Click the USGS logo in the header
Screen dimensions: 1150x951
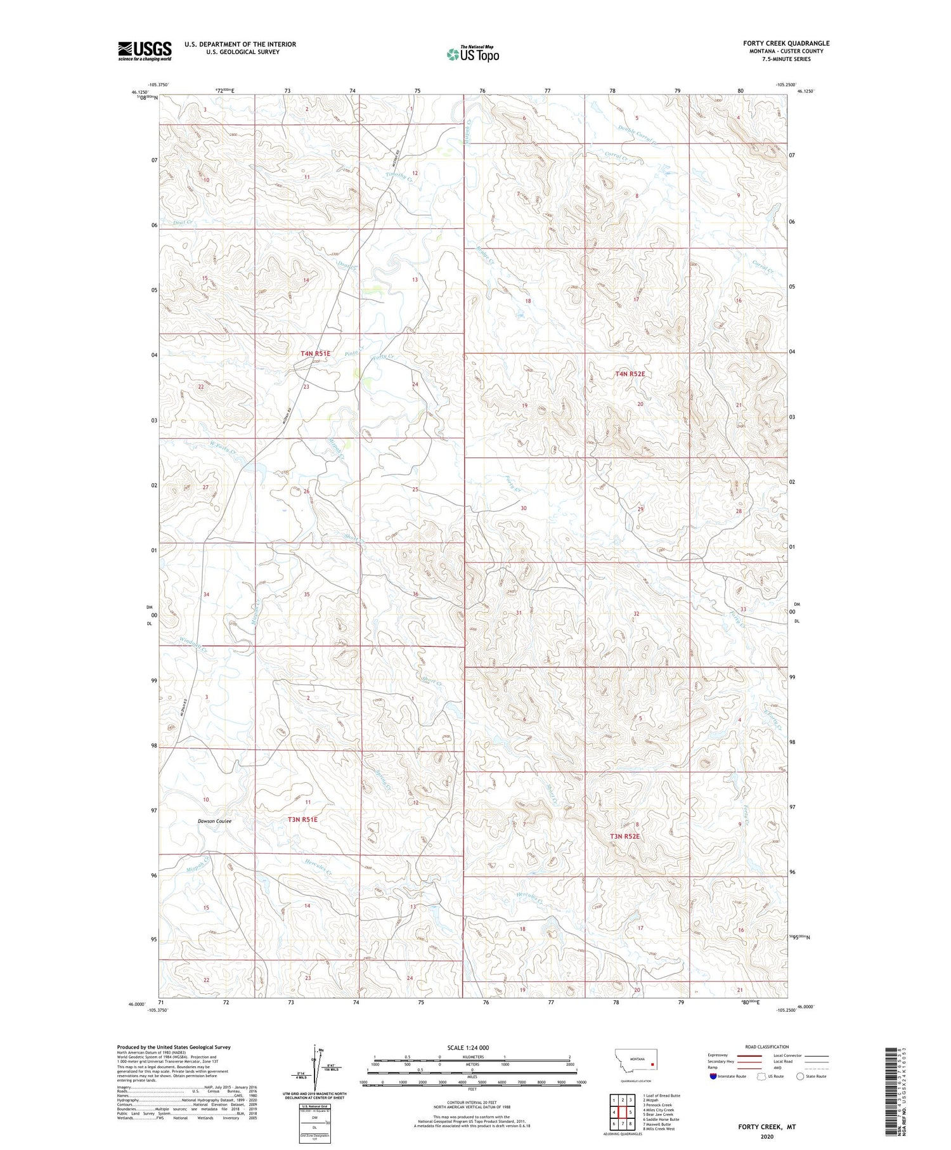(145, 51)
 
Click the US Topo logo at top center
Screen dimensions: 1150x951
(472, 55)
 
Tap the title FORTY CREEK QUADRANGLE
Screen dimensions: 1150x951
(786, 43)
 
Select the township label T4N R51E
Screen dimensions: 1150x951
(315, 353)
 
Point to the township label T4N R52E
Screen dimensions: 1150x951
(630, 374)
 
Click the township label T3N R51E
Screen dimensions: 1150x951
(302, 819)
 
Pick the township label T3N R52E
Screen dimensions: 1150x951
(625, 836)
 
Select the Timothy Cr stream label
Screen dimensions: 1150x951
(400, 177)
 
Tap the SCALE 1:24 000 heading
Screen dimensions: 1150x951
(468, 1047)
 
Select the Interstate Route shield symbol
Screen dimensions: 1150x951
(713, 1076)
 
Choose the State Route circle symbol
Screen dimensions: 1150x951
(800, 1076)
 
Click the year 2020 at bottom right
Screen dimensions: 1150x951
(767, 1136)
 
